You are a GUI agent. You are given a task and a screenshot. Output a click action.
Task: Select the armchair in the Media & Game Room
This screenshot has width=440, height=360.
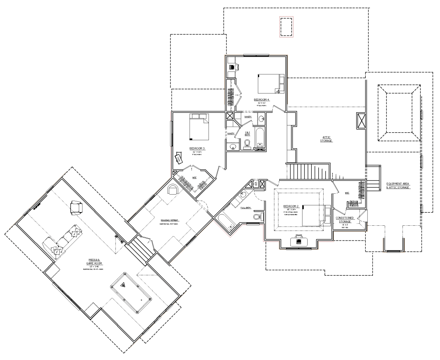[x=76, y=207]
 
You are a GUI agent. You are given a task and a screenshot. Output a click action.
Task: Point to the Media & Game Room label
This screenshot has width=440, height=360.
[x=96, y=264]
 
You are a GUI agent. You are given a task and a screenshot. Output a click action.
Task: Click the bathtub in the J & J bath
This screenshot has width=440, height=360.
[x=260, y=138]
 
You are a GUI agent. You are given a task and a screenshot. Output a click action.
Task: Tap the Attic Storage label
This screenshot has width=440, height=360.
[x=326, y=139]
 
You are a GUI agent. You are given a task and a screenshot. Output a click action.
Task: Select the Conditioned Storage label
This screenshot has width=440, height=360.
[x=344, y=220]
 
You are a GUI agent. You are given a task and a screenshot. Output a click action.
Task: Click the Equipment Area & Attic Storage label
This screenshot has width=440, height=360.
[x=398, y=185]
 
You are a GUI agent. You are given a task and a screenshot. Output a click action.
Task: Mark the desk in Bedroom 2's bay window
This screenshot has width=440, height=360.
[x=298, y=240]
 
